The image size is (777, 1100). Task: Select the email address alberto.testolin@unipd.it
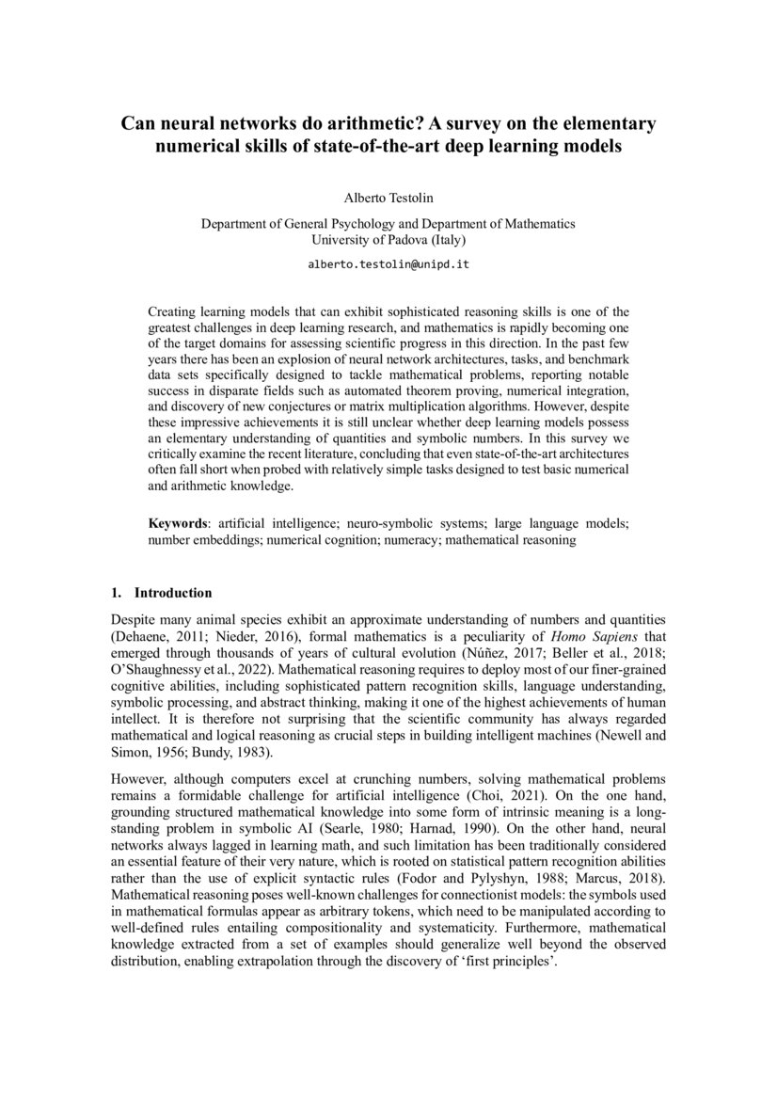tap(388, 264)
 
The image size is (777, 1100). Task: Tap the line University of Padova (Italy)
tap(388, 239)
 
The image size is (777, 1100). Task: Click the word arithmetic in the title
tap(350, 124)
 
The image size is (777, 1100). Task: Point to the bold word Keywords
tap(178, 521)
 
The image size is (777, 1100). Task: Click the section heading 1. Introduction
tap(161, 593)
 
